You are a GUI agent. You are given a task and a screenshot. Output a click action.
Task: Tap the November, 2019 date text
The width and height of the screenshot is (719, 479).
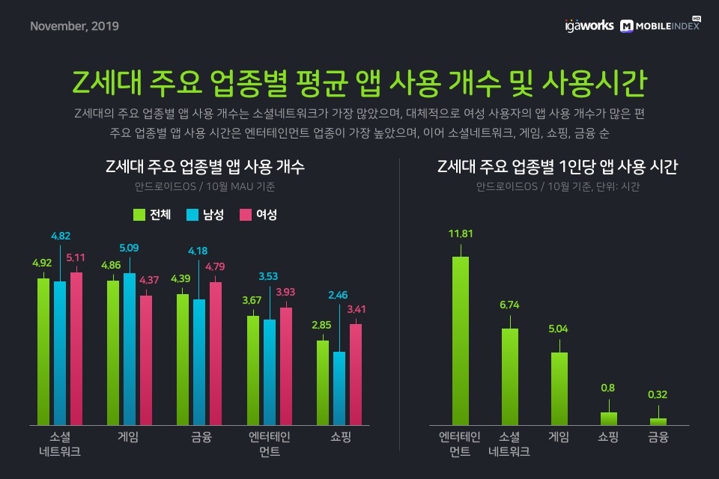[x=74, y=26]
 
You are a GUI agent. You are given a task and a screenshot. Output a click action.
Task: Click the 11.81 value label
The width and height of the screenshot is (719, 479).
[x=460, y=234]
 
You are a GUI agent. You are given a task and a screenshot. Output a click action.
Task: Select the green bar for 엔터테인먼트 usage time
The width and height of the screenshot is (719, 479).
[x=460, y=341]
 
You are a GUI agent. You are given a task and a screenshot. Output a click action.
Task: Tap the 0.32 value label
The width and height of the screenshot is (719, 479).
[x=658, y=394]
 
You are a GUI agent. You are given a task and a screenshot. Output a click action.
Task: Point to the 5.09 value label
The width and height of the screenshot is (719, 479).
[x=129, y=248]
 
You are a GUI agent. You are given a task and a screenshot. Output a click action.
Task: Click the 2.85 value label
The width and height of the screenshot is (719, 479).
[x=323, y=325]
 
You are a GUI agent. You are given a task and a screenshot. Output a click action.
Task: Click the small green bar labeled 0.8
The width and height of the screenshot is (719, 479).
[x=609, y=418]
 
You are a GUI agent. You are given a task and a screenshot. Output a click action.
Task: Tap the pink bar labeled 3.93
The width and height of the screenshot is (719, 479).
[x=285, y=366]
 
